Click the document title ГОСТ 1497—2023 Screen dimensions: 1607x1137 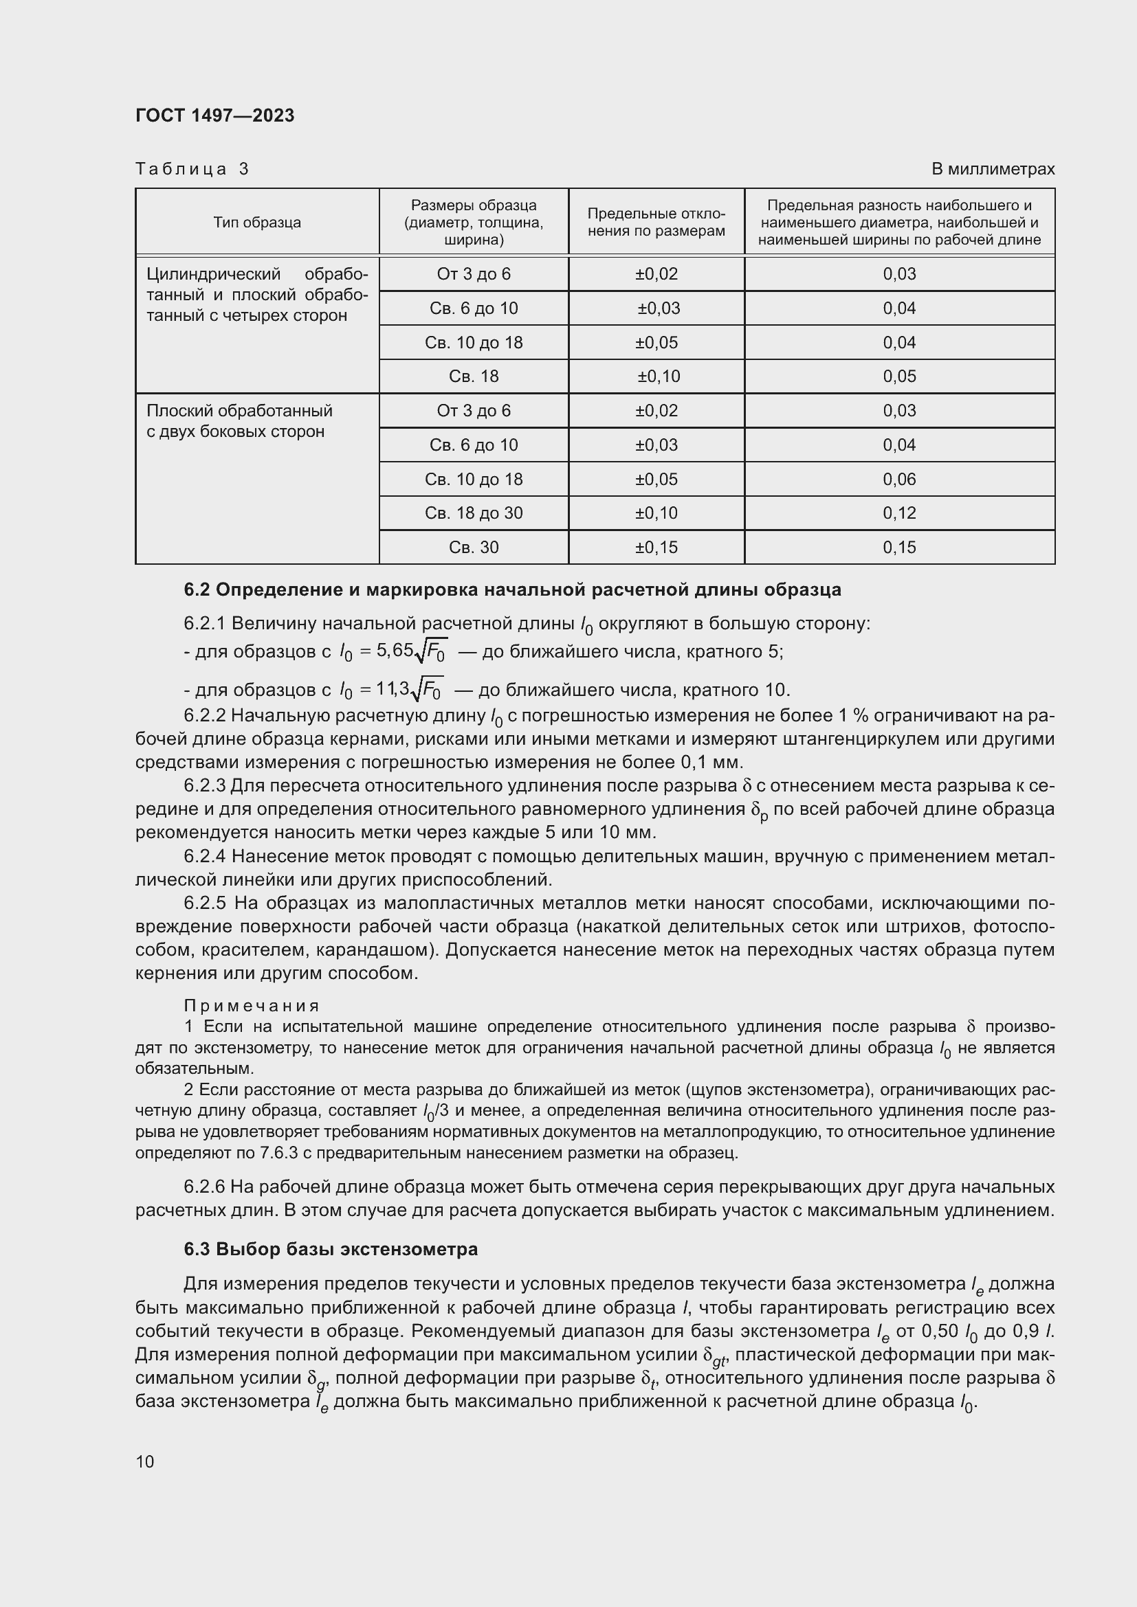click(x=215, y=115)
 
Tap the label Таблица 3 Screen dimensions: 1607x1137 click(x=192, y=169)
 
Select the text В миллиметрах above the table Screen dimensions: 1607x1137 click(x=992, y=169)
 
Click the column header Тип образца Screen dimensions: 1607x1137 click(x=257, y=223)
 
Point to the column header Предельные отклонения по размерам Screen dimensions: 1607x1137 click(x=656, y=223)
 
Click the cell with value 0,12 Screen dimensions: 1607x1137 click(x=899, y=513)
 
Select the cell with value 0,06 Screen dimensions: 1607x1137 click(x=899, y=480)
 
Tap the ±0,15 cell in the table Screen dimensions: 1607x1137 click(x=656, y=548)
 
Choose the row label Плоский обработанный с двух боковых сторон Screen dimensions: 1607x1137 click(x=239, y=420)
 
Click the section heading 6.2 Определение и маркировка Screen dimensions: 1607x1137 click(x=512, y=590)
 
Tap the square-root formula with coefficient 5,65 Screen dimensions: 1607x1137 click(x=394, y=651)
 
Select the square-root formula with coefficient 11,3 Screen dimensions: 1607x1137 click(x=392, y=690)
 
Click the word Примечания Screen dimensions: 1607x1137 click(x=252, y=1006)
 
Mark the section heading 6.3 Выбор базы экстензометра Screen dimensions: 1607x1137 click(x=331, y=1249)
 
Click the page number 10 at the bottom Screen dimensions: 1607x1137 click(x=145, y=1461)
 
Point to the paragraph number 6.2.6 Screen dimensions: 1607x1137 click(x=204, y=1187)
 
